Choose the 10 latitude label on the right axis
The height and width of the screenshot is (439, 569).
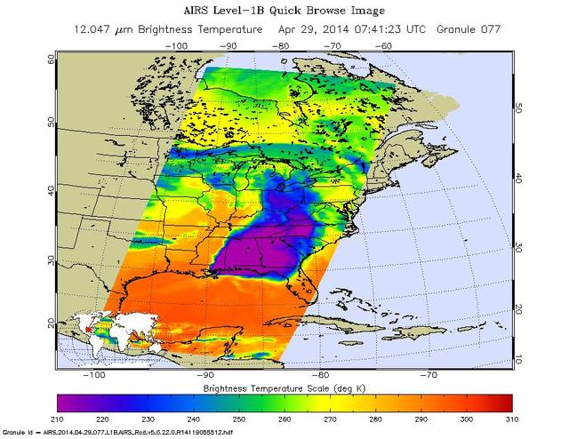point(519,359)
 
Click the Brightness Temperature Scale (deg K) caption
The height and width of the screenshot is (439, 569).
point(284,389)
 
